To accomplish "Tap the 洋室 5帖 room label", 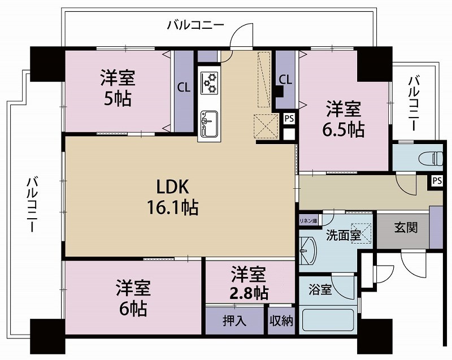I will click(118, 88).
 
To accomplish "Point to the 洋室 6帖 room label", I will click(133, 298).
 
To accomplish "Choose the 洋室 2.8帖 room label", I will click(249, 284).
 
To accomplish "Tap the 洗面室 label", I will click(342, 236).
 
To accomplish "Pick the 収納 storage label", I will click(281, 322).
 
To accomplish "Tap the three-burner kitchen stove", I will click(209, 82).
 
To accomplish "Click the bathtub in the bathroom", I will click(327, 320).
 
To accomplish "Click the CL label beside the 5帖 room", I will click(184, 88).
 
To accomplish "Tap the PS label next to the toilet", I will click(436, 181).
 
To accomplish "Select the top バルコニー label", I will click(195, 25).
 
